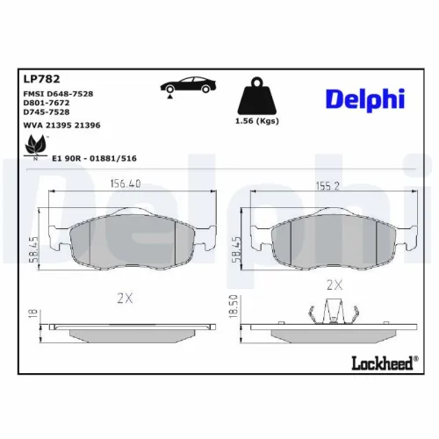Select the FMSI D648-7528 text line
pyautogui.click(x=58, y=92)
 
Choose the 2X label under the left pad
pyautogui.click(x=124, y=298)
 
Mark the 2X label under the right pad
pyautogui.click(x=334, y=284)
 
